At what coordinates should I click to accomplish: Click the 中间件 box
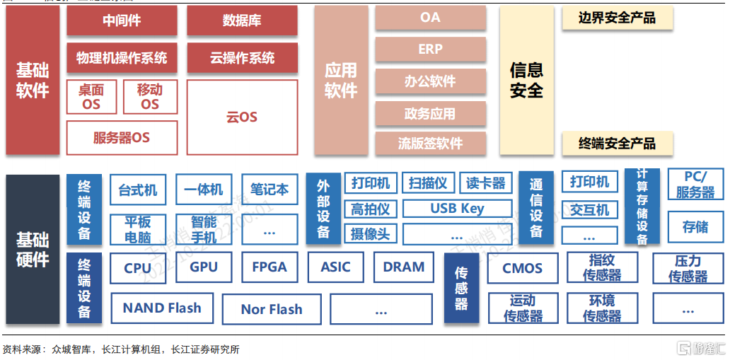(x=122, y=21)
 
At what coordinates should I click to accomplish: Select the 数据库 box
(x=242, y=21)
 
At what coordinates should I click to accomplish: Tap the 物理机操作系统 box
(x=122, y=58)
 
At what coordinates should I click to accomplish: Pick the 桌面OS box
(x=91, y=97)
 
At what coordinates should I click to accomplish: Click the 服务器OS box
(x=122, y=137)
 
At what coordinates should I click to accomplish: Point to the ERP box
(x=430, y=50)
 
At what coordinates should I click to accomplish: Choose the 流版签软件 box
(x=430, y=144)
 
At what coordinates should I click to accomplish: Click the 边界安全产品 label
(x=617, y=18)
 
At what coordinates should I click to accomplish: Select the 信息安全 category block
(x=526, y=80)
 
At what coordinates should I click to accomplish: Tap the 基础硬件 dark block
(x=33, y=249)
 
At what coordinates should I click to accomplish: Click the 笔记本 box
(x=270, y=190)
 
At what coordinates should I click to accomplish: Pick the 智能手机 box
(x=204, y=229)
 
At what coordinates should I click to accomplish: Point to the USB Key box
(x=457, y=209)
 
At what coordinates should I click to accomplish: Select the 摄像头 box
(x=371, y=233)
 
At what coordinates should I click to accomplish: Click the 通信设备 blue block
(x=536, y=207)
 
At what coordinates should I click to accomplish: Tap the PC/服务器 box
(x=695, y=185)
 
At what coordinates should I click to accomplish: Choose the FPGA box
(x=270, y=268)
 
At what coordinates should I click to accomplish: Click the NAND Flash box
(x=162, y=308)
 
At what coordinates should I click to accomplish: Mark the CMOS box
(x=522, y=269)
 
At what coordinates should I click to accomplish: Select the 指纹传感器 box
(x=602, y=268)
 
